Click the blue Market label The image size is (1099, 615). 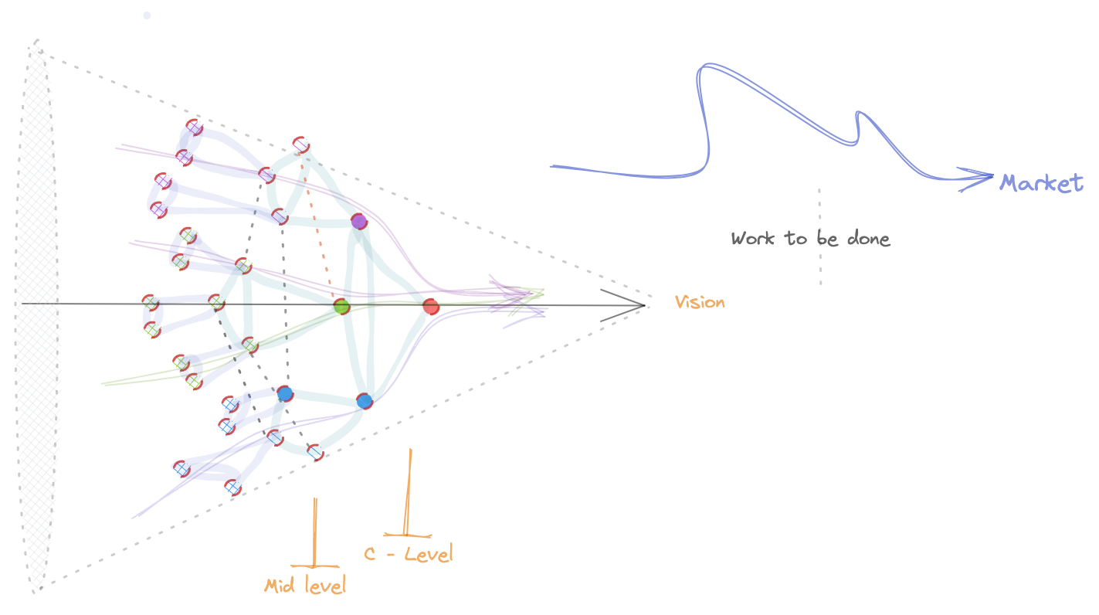pos(1041,184)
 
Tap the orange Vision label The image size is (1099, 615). pos(700,302)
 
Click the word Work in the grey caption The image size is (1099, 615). pos(753,239)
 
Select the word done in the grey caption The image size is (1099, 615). pos(868,239)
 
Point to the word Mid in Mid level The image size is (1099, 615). pos(280,586)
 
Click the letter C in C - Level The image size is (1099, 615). pos(370,554)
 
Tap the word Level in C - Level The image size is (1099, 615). pos(429,554)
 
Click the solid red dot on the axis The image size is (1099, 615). pos(431,307)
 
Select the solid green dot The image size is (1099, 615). pos(341,307)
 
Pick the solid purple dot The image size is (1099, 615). pos(359,222)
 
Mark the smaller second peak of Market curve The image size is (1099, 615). pos(860,113)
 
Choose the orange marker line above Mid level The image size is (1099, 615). pos(314,532)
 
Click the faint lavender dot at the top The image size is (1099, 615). pos(147,15)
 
